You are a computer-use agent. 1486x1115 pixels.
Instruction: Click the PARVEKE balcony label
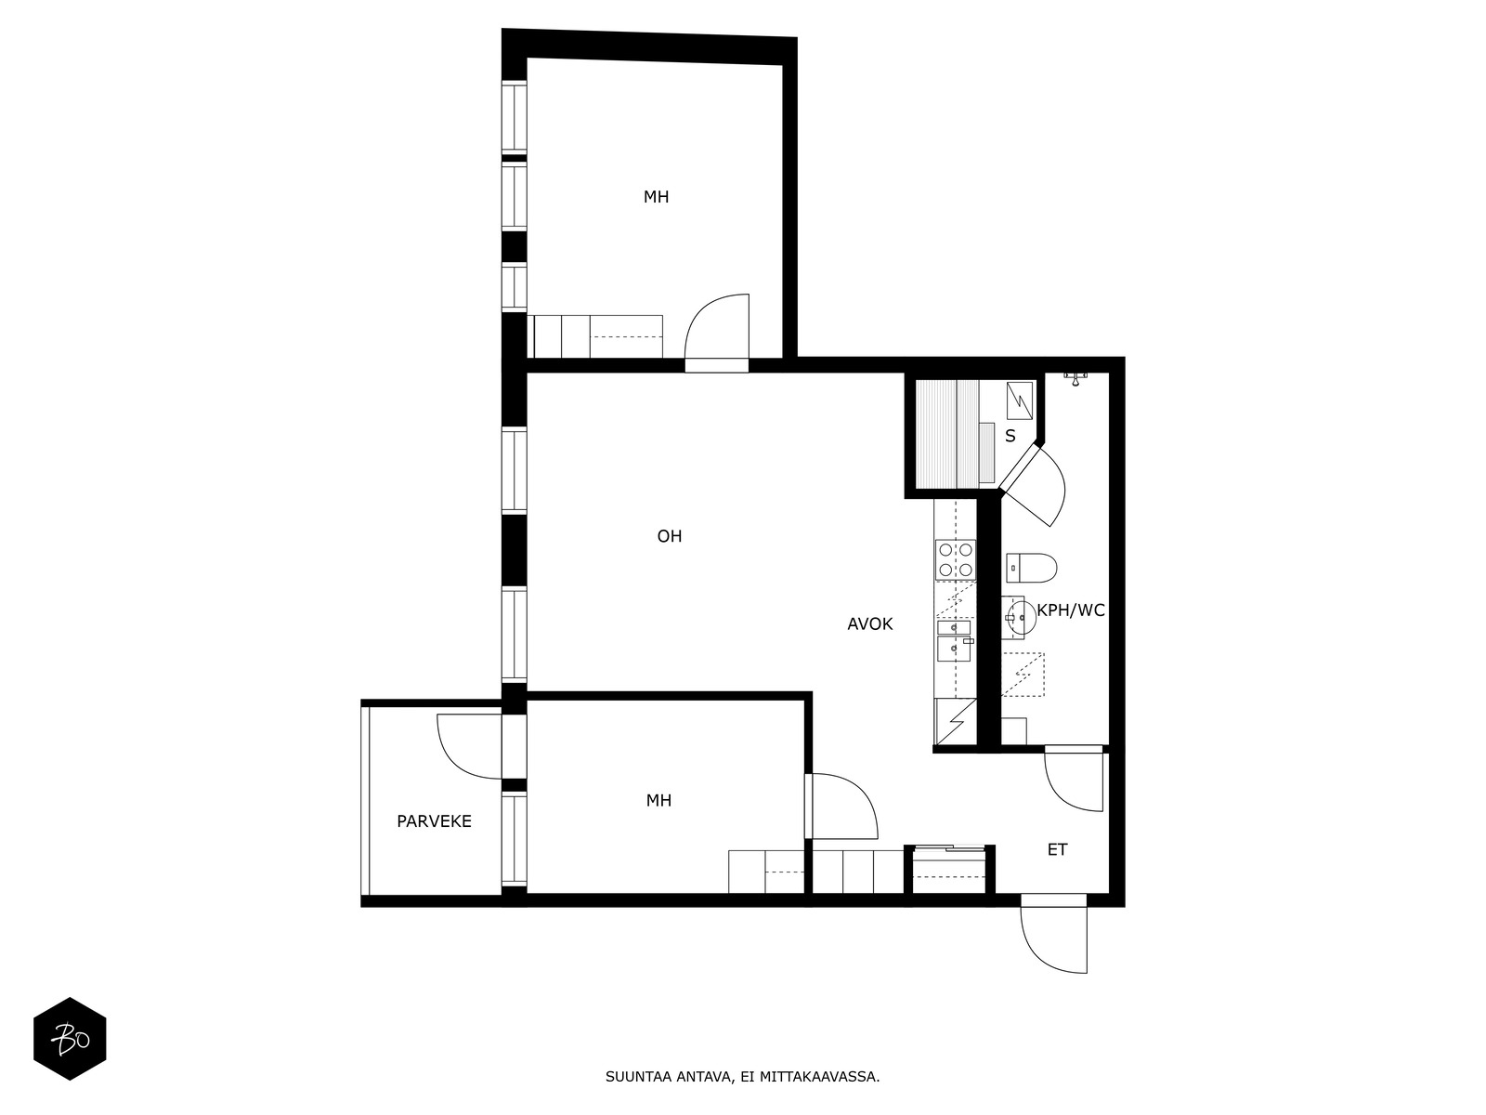click(x=434, y=821)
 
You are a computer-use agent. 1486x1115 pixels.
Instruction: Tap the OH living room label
click(x=670, y=536)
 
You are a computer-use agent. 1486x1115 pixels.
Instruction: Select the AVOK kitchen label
click(x=870, y=623)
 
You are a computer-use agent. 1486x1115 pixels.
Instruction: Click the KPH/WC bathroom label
click(x=1071, y=610)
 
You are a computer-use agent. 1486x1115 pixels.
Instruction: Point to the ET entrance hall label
click(x=1058, y=849)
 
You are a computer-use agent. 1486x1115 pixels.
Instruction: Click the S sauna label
click(x=1010, y=436)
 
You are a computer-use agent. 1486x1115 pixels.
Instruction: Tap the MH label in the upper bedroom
click(x=656, y=197)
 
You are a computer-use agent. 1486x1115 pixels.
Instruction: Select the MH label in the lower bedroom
click(x=658, y=801)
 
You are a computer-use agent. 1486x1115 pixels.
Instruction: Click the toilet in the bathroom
click(x=1031, y=568)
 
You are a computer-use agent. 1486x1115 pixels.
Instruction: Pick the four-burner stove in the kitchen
click(x=956, y=560)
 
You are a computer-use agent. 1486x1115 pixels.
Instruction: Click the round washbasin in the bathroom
click(x=1020, y=617)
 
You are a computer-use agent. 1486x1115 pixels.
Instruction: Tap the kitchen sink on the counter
click(x=955, y=641)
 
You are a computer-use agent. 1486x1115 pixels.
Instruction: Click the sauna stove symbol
click(x=1020, y=400)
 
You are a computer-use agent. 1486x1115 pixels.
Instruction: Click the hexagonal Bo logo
click(x=70, y=1039)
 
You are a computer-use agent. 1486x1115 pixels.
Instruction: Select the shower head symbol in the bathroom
click(x=1075, y=378)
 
